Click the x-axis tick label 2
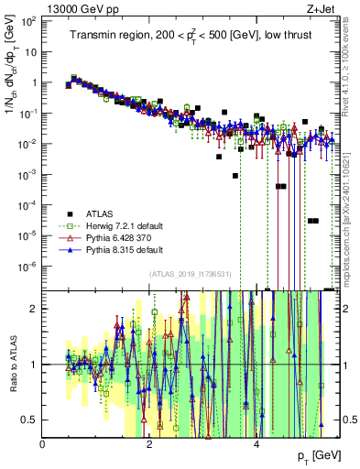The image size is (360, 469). [149, 444]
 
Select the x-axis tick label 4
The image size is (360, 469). [256, 444]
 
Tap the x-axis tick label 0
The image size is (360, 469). [43, 444]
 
